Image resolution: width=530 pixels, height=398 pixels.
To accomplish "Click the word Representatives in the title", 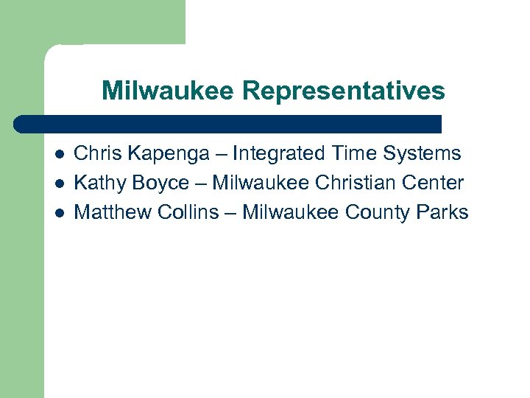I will click(343, 91).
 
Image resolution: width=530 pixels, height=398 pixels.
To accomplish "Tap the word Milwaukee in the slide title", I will click(168, 91).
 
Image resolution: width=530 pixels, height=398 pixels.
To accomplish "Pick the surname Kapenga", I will click(164, 154).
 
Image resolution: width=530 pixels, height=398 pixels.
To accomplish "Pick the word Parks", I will click(442, 212).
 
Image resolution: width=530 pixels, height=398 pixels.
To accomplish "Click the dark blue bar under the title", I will click(228, 124).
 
